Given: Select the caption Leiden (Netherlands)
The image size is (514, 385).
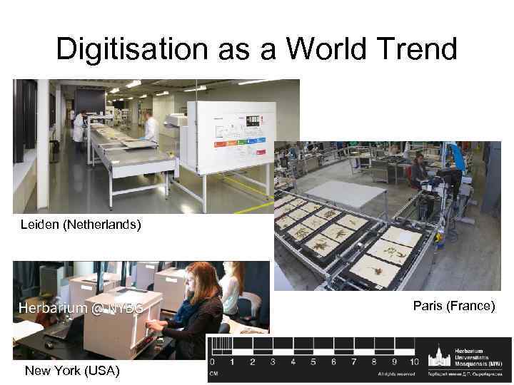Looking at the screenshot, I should tap(81, 225).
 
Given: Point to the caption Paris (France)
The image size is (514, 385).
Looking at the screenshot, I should tap(453, 306).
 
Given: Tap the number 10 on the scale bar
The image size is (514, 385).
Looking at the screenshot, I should tap(413, 363).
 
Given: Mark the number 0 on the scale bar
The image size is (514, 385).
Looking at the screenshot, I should tap(212, 363).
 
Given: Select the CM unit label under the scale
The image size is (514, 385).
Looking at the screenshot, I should tap(213, 373).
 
